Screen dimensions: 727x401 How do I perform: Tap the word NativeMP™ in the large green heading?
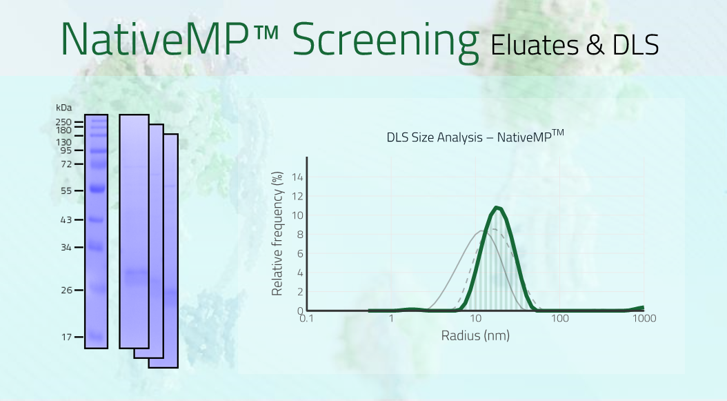pos(170,39)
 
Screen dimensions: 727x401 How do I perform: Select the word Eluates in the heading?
pos(534,45)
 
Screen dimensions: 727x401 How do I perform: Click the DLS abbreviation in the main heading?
pos(636,45)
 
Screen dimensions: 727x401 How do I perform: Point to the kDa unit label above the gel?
pos(64,108)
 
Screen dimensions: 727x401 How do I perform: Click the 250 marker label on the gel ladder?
pos(63,122)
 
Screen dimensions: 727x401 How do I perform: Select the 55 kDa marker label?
pos(66,190)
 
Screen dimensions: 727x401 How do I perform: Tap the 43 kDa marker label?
pos(66,219)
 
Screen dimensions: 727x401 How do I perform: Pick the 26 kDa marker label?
pos(67,290)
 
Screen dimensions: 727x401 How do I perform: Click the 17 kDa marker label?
pos(67,337)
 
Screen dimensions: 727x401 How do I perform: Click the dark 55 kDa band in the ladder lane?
pos(97,188)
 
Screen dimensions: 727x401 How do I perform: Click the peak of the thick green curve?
pos(497,208)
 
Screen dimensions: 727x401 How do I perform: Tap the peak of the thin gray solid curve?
pos(482,231)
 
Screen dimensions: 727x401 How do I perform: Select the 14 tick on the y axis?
pos(298,177)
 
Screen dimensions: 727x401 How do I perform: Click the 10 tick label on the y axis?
pos(298,215)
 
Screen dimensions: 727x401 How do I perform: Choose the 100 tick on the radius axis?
pos(560,318)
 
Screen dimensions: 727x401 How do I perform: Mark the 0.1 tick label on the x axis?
pos(306,318)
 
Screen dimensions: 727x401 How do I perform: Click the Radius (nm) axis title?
pos(475,335)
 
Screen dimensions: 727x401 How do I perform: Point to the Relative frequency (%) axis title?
pos(277,234)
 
